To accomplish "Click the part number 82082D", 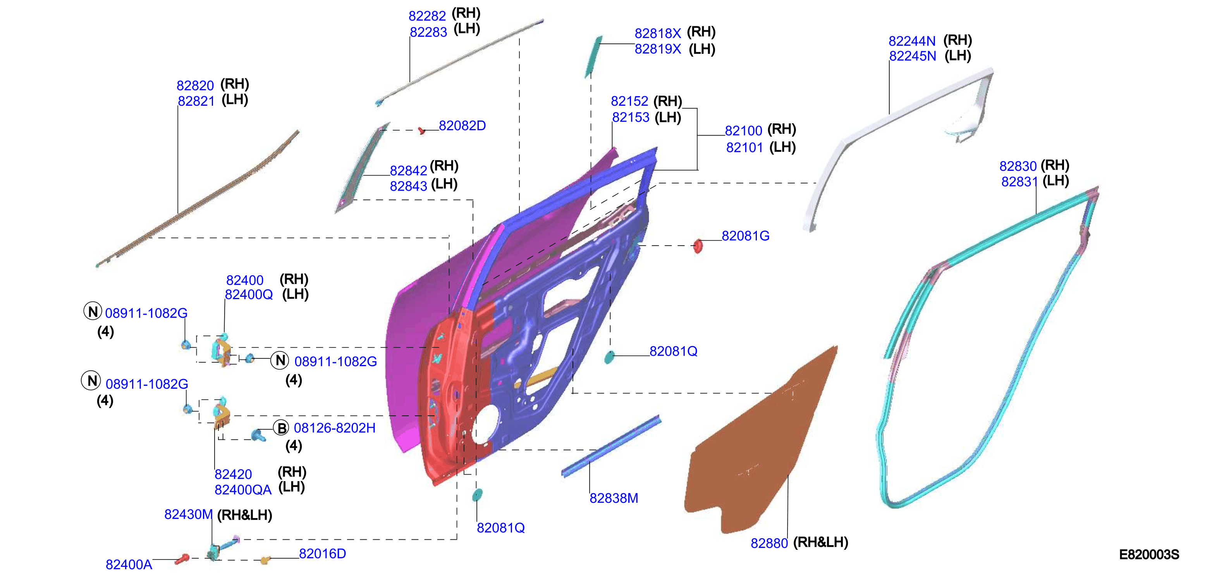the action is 462,126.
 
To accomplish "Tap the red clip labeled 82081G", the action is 698,246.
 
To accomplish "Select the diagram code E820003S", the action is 1149,554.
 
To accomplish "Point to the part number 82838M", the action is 614,498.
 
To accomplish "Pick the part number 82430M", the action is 189,514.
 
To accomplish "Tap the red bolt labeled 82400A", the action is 182,559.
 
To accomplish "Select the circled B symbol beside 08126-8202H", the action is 281,428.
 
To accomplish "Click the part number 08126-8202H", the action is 334,428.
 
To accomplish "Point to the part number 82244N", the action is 912,41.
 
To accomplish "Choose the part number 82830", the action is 1018,166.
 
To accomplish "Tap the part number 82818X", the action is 658,33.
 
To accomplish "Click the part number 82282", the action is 427,16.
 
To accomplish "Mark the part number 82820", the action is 195,86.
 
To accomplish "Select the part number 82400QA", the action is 243,490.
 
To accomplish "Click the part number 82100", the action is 743,131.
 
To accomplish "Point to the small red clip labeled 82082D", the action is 421,131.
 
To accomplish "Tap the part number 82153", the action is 631,117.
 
